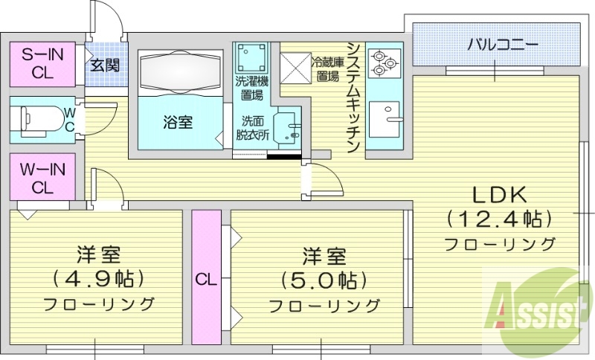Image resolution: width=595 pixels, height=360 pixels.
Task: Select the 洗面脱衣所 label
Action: tap(250, 128)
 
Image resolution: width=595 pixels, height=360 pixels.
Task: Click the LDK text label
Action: tap(501, 195)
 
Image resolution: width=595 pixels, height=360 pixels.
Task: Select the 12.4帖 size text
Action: tap(500, 219)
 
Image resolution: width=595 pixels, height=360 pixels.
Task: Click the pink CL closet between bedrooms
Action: tap(205, 279)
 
